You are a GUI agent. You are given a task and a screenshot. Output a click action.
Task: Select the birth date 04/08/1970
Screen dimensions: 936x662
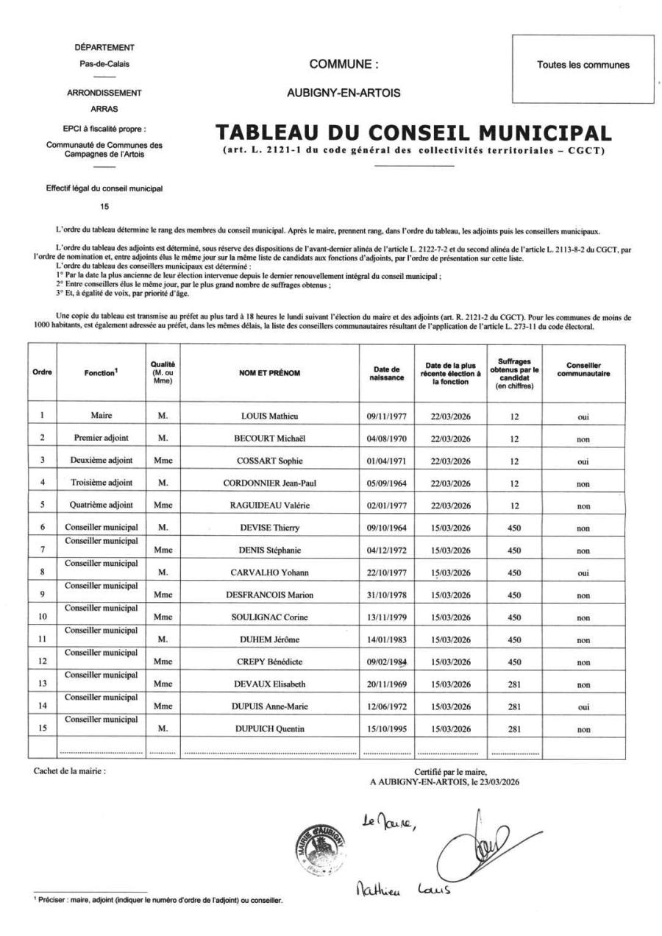pos(388,438)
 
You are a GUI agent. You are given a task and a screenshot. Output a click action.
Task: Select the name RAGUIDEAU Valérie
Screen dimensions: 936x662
pos(274,506)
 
